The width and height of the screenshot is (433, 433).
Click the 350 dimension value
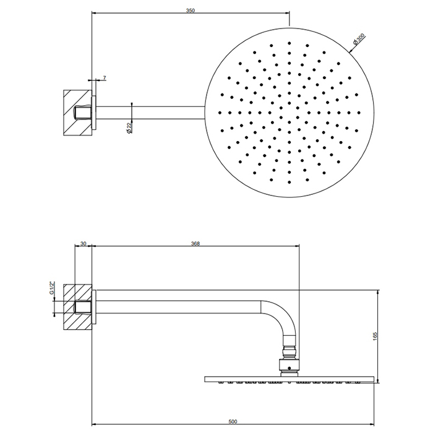191,11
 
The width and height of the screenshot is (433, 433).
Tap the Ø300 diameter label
359,39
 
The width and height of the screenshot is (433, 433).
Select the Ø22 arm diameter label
129,128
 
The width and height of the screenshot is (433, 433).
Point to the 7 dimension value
105,78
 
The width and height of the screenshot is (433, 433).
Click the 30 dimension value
83,244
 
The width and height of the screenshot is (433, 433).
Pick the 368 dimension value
195,244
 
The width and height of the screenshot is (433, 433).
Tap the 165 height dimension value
375,336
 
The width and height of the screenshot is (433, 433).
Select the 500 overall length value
233,421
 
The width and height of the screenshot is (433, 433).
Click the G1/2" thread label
51,288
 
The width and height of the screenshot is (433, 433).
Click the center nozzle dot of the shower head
289,113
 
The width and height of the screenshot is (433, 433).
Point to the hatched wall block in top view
77,113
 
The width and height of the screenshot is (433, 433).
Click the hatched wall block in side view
77,307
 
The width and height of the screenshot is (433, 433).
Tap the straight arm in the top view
150,113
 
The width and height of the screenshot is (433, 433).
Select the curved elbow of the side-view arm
279,317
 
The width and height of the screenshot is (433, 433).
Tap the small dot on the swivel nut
289,368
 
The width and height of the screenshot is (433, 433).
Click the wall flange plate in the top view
94,113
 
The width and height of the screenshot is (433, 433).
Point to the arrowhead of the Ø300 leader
351,51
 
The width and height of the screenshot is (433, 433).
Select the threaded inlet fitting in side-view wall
83,307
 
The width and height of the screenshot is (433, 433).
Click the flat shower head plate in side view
289,379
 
